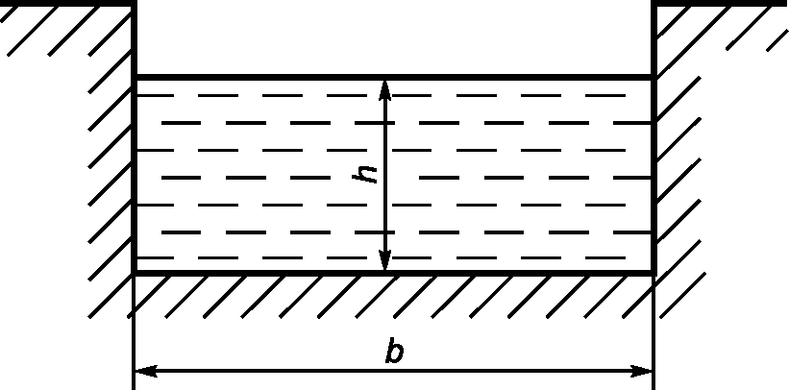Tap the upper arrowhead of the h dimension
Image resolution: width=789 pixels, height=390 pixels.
point(384,88)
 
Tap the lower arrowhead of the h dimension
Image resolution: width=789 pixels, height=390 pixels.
point(384,260)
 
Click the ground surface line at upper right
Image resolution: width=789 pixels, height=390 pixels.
point(721,3)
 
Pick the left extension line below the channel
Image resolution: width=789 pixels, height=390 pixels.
point(133,327)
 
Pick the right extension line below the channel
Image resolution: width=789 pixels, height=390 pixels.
point(654,327)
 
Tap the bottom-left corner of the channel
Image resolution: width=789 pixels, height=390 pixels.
point(133,273)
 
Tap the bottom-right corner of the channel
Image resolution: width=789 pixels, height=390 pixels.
point(654,273)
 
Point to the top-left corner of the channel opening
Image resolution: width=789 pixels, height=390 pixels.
point(133,4)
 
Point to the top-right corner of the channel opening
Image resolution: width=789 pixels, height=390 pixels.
point(654,4)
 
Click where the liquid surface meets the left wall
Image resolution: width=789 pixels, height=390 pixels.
point(133,76)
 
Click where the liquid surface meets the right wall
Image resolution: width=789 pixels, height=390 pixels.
point(654,76)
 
